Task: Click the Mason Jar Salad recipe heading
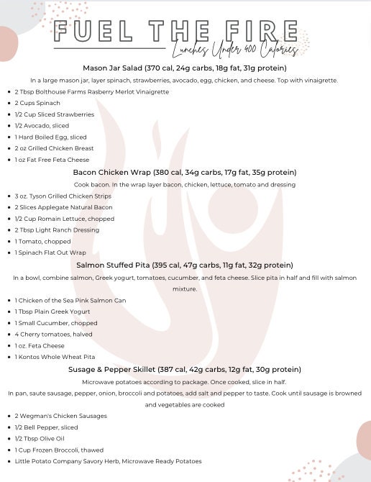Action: point(184,68)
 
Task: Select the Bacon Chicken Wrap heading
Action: point(184,173)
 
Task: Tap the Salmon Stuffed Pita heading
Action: point(184,265)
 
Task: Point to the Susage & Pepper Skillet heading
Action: point(184,370)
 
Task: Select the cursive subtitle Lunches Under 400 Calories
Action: point(234,50)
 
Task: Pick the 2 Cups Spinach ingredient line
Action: point(37,103)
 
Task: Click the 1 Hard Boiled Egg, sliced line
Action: point(50,137)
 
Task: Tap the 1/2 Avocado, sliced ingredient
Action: point(42,126)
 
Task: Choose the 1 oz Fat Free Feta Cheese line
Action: point(52,160)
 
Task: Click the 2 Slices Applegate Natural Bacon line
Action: point(63,207)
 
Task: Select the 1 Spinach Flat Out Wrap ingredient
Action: point(50,253)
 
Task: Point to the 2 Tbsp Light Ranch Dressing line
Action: point(57,230)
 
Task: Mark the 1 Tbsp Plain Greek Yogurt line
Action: point(52,312)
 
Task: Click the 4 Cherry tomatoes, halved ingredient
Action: point(53,335)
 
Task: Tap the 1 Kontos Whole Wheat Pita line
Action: point(55,357)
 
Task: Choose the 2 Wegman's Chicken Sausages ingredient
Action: point(60,416)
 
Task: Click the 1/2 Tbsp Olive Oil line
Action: point(40,439)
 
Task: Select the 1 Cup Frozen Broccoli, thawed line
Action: point(59,450)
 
